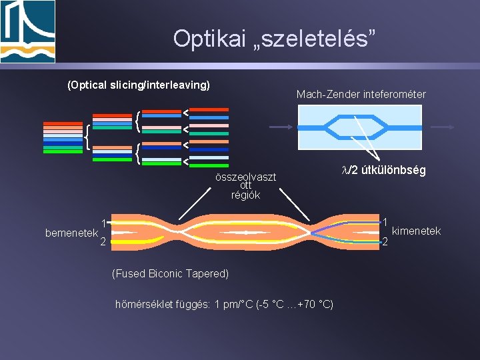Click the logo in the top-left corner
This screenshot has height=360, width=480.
pyautogui.click(x=28, y=31)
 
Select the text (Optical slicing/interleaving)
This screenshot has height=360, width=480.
pyautogui.click(x=139, y=85)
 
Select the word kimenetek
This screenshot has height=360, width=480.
pyautogui.click(x=417, y=231)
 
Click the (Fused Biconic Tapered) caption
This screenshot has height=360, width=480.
pyautogui.click(x=171, y=273)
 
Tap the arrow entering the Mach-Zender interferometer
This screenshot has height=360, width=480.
pyautogui.click(x=280, y=127)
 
